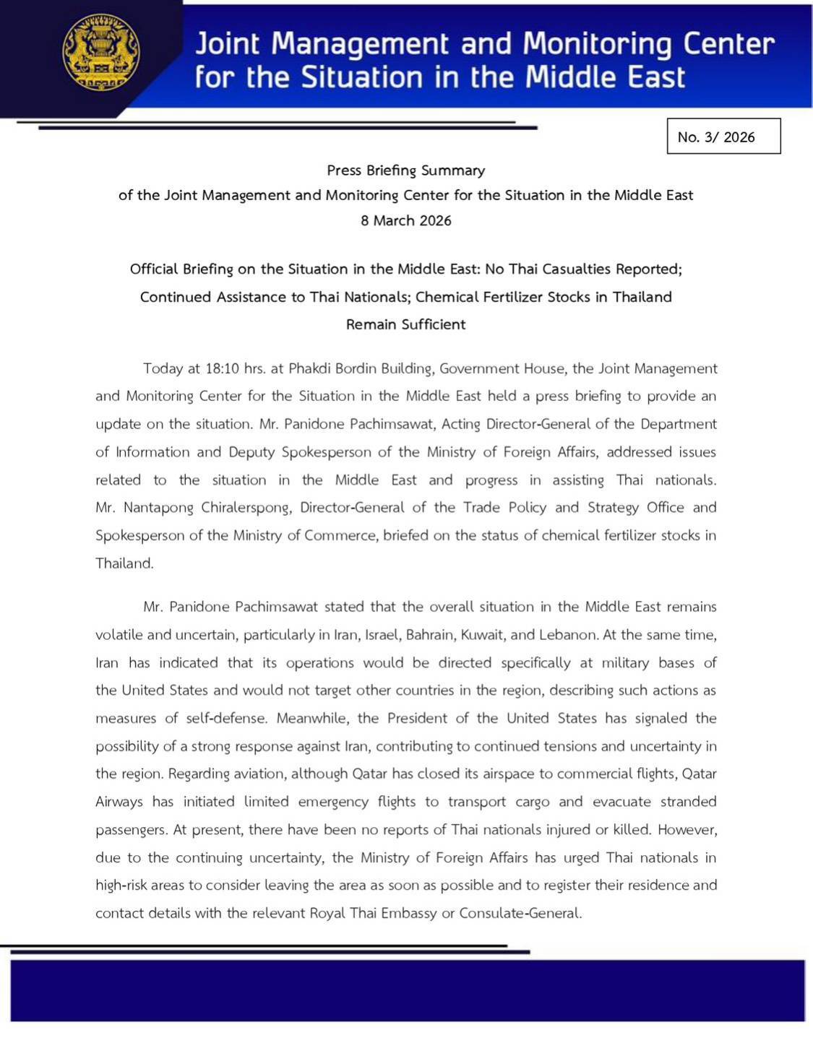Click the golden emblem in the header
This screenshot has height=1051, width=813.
pyautogui.click(x=101, y=52)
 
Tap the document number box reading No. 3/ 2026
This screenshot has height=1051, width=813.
pyautogui.click(x=723, y=137)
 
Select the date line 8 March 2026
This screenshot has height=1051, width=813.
pyautogui.click(x=406, y=221)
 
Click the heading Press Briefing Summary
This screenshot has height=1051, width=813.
pyautogui.click(x=406, y=170)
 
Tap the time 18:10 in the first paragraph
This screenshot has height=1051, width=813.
pyautogui.click(x=222, y=368)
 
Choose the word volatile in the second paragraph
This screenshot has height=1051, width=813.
pyautogui.click(x=119, y=636)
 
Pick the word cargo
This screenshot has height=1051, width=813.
pyautogui.click(x=532, y=803)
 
